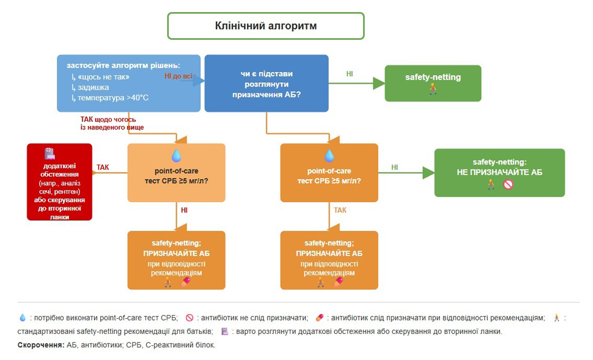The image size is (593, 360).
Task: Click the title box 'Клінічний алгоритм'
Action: (x=266, y=26)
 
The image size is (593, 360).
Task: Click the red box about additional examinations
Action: (x=60, y=182)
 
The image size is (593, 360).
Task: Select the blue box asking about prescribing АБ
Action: (x=266, y=83)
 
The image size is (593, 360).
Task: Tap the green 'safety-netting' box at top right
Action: (x=433, y=83)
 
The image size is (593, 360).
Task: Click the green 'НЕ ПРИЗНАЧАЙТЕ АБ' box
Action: (x=499, y=172)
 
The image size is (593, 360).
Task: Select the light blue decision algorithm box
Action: (x=128, y=83)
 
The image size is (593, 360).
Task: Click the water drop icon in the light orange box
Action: (x=176, y=155)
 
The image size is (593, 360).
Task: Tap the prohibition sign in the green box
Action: (x=508, y=184)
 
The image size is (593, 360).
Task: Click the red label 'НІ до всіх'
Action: (x=179, y=76)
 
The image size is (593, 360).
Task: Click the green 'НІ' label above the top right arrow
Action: (x=350, y=74)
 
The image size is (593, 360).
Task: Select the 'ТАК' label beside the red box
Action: (x=103, y=167)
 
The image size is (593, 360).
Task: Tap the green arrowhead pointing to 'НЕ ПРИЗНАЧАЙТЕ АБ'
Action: (x=428, y=172)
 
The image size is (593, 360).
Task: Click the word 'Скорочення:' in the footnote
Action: (x=41, y=344)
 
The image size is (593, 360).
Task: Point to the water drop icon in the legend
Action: (x=22, y=317)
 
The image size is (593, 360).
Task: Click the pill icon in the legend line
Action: (x=319, y=317)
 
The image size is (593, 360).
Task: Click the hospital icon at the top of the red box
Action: (x=50, y=153)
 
